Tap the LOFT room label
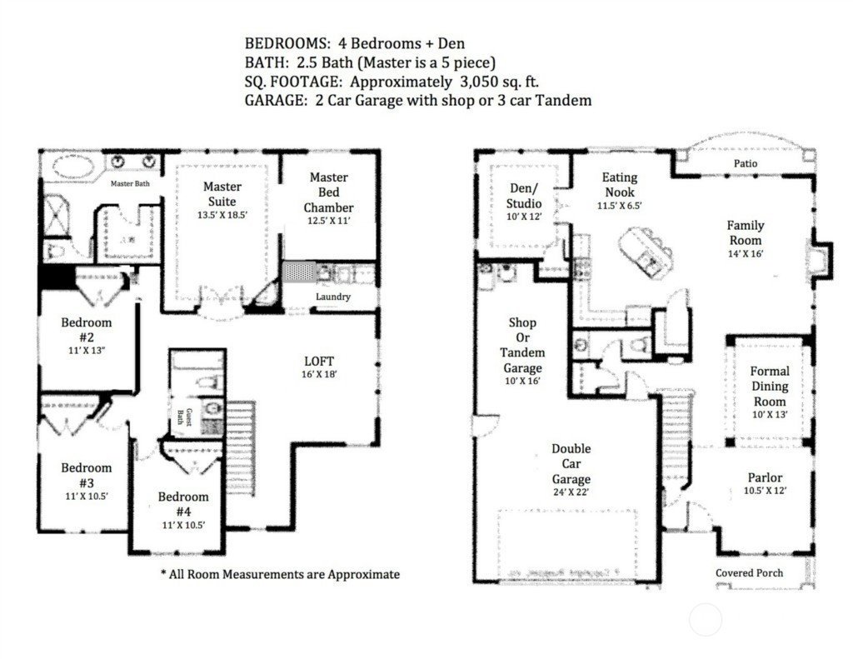319,362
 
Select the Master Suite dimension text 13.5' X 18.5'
222,215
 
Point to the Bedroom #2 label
87,330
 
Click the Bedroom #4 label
183,504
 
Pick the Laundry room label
333,297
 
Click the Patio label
746,163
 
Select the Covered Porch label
749,573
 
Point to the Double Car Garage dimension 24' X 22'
571,492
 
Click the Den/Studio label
524,196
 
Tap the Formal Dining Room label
769,387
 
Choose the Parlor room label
765,477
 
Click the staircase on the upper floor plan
241,448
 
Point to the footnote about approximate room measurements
280,574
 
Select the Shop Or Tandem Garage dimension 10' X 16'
522,382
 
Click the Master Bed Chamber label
328,192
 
